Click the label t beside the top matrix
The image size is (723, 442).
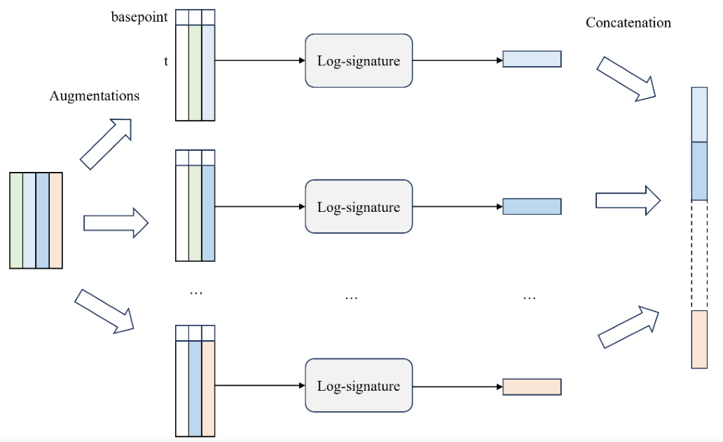(x=166, y=61)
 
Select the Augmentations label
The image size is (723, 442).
(x=95, y=96)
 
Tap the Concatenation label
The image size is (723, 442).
(x=628, y=23)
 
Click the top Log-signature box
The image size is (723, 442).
(x=358, y=61)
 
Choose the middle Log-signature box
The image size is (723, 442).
(x=358, y=207)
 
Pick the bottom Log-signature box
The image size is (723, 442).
(x=358, y=386)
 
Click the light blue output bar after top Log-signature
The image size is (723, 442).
(x=532, y=59)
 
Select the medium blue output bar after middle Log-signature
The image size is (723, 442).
(x=532, y=206)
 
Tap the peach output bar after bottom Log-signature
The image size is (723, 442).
(x=532, y=387)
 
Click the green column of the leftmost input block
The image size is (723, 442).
(x=16, y=220)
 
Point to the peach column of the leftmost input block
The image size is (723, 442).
(x=56, y=220)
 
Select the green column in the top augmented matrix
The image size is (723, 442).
(x=195, y=74)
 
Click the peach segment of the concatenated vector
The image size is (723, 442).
(x=699, y=340)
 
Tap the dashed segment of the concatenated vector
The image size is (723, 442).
(x=699, y=255)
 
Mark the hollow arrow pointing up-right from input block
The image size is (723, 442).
(x=106, y=144)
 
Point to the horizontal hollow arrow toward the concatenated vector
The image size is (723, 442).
(x=628, y=201)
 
